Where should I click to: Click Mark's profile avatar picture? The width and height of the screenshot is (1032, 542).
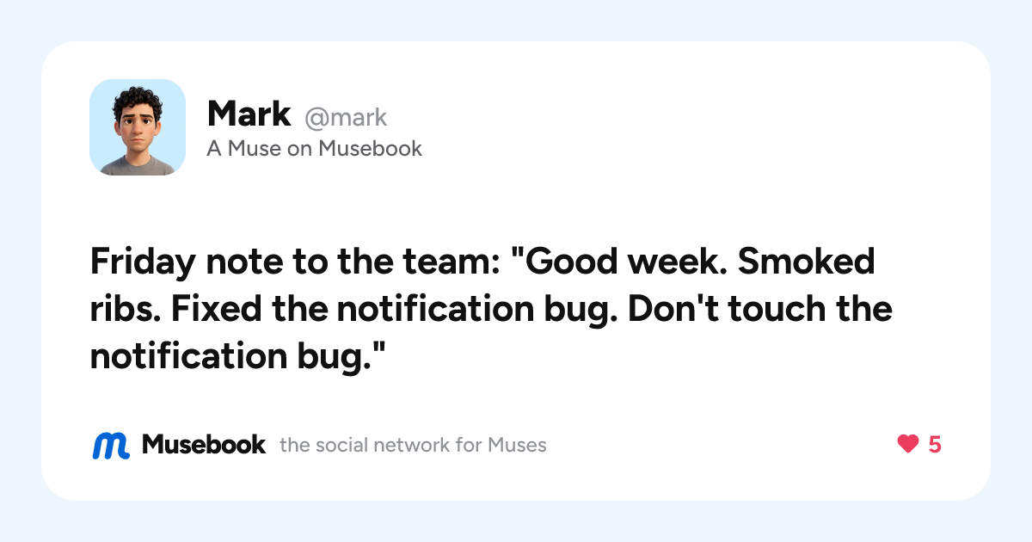tap(138, 127)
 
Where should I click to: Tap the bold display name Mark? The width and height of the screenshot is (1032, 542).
tap(249, 114)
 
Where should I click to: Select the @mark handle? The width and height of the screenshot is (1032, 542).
tap(346, 118)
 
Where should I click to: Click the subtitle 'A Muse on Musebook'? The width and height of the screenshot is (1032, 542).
tap(314, 148)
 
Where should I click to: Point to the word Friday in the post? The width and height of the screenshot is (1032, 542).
tap(143, 262)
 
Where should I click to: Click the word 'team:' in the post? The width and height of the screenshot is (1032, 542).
tap(451, 262)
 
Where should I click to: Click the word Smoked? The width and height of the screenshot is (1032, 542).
tap(807, 261)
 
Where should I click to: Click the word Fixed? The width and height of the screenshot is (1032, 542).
tap(216, 308)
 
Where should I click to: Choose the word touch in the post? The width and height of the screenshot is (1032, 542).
tap(777, 308)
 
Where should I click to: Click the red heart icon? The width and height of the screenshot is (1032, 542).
tap(908, 444)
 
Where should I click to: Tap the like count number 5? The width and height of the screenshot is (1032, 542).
tap(935, 445)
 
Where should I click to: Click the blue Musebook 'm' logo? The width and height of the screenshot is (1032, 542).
tap(111, 446)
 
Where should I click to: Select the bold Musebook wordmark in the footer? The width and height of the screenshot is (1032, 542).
tap(204, 445)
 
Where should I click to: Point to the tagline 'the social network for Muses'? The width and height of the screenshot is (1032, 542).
tap(413, 446)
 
